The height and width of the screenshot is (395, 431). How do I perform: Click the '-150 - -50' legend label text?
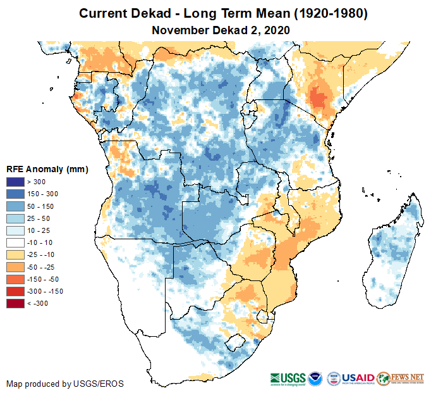click(46, 279)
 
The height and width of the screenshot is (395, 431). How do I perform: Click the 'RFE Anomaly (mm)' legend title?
click(47, 170)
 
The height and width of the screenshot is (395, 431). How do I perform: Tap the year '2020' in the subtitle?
click(276, 30)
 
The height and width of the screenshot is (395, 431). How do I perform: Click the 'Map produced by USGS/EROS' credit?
click(65, 384)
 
